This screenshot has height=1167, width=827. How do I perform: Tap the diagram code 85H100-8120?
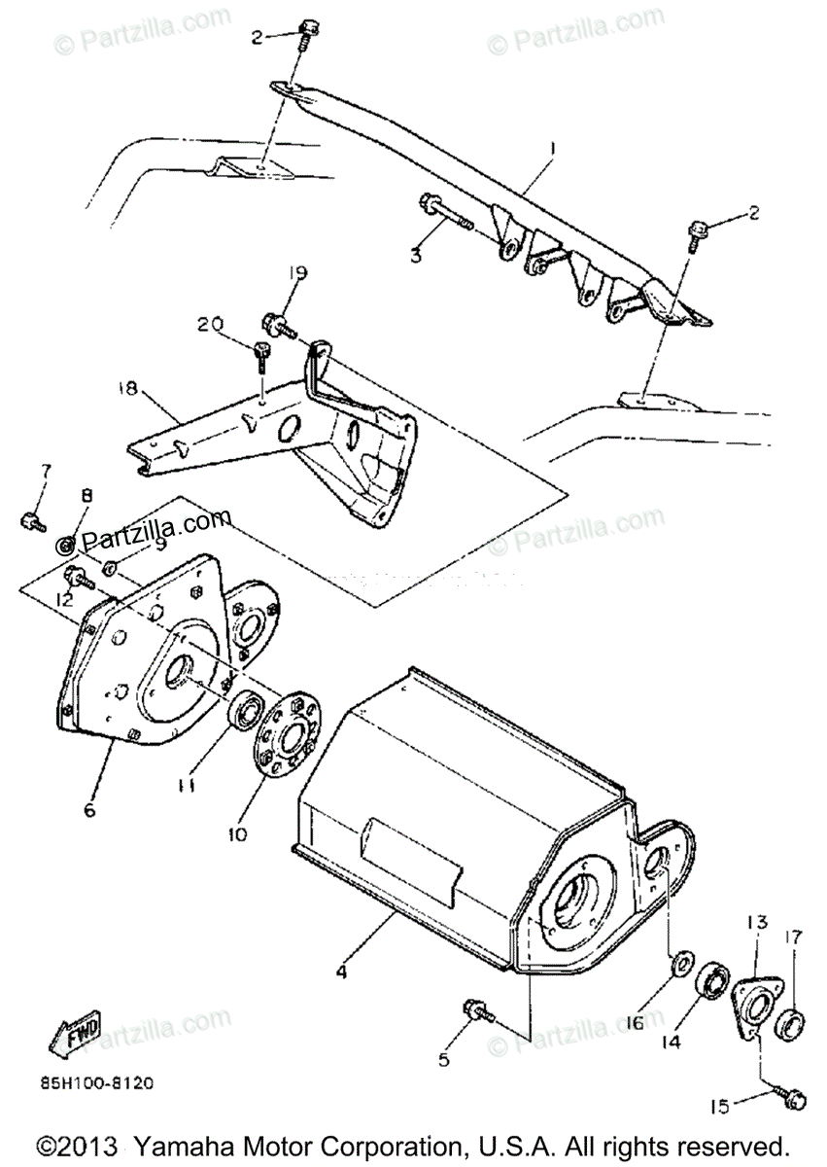pyautogui.click(x=96, y=1081)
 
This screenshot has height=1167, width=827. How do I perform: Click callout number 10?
pyautogui.click(x=238, y=834)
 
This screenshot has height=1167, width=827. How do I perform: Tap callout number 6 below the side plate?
pyautogui.click(x=90, y=809)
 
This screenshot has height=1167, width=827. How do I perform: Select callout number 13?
pyautogui.click(x=757, y=921)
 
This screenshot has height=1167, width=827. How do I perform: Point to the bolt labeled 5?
pyautogui.click(x=478, y=1010)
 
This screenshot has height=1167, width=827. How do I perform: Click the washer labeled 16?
pyautogui.click(x=682, y=964)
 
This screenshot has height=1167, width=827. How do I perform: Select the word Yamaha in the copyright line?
pyautogui.click(x=183, y=1145)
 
